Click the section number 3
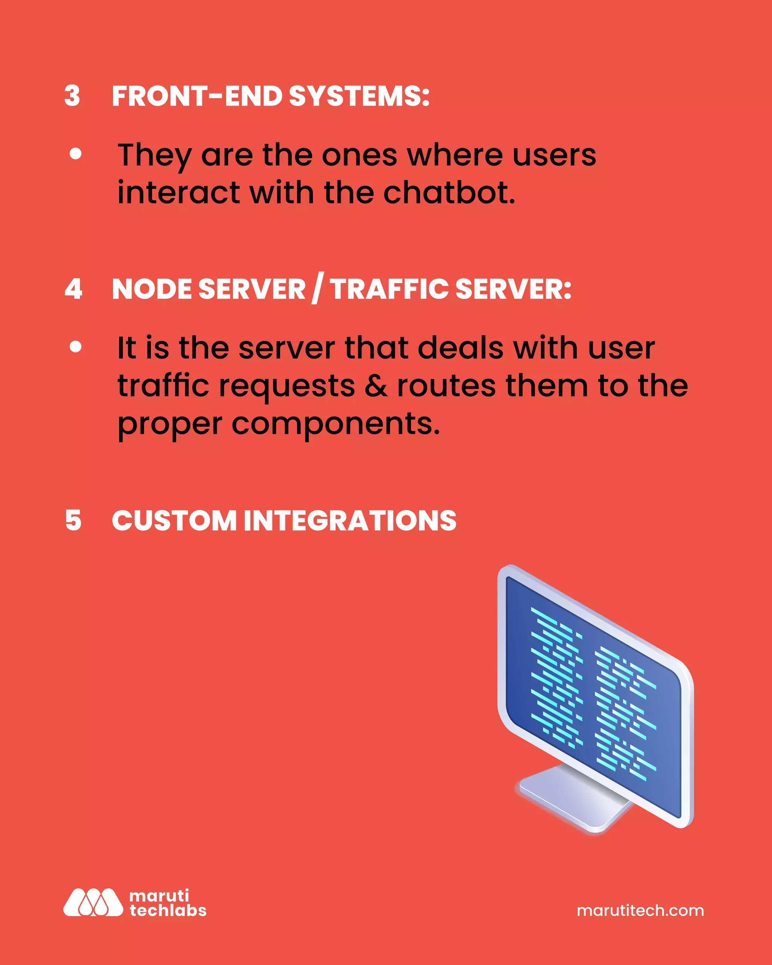[x=72, y=96]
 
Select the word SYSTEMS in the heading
[x=359, y=96]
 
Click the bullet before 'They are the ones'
[x=76, y=154]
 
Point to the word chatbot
[x=449, y=193]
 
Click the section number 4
[x=74, y=289]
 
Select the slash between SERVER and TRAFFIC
[x=317, y=289]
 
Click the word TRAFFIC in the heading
[x=389, y=289]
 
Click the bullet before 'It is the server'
[x=76, y=347]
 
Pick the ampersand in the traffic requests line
[x=375, y=386]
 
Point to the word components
[x=335, y=424]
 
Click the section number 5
[x=74, y=521]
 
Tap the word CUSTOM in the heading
[x=174, y=521]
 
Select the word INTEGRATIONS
[x=350, y=521]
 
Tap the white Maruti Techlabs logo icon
[x=93, y=902]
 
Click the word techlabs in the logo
[x=168, y=910]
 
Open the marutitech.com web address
[x=640, y=910]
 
